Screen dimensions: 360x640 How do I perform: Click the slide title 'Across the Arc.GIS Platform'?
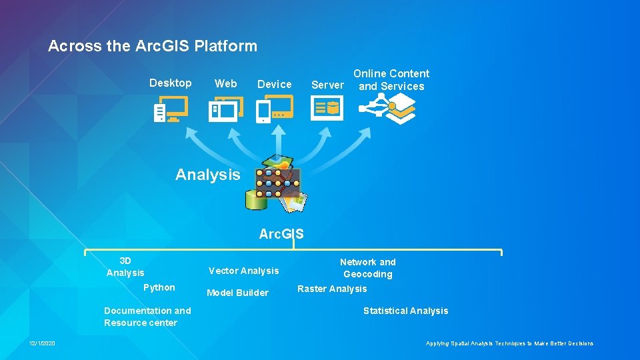153,46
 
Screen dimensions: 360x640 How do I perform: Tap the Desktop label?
170,83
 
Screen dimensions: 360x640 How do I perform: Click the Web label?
225,83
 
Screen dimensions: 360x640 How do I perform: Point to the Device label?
275,84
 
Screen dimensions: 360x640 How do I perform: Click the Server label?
327,85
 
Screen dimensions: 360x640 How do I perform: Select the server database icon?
327,107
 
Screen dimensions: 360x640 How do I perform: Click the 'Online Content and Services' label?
391,79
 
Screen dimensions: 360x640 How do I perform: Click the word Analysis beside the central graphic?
207,175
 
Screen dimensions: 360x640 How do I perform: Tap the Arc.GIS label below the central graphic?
281,234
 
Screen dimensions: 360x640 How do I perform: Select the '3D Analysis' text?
125,267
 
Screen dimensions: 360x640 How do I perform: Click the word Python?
159,287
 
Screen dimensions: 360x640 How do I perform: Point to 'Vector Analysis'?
244,271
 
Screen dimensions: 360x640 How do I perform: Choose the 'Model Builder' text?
238,293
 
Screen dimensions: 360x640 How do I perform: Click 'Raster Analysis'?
332,289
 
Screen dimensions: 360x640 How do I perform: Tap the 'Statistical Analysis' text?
405,311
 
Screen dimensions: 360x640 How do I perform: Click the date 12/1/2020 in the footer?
42,343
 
